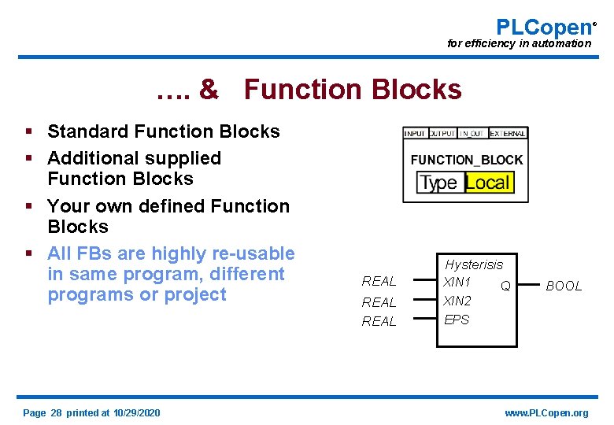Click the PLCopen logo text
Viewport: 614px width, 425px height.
pos(542,27)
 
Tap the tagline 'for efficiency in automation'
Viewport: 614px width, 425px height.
pos(518,43)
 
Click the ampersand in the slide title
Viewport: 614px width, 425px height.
pos(209,90)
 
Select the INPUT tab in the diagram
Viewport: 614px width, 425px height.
pos(415,134)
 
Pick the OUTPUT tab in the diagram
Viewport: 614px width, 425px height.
pos(442,134)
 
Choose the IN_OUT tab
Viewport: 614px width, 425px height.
pos(472,134)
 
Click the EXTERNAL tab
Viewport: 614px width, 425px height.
pos(508,134)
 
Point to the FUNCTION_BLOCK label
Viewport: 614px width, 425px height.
pos(466,160)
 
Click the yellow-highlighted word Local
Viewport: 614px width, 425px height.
pos(488,183)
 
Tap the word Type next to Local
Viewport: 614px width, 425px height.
pos(439,183)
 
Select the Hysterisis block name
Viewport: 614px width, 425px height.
pos(474,264)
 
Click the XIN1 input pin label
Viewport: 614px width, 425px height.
pos(457,282)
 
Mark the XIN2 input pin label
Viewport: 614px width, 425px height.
pos(457,301)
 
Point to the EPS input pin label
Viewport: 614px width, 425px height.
pos(457,320)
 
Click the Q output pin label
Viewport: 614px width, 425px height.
pos(505,286)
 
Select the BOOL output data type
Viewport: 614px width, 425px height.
pos(564,286)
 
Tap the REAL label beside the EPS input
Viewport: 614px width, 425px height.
pos(379,321)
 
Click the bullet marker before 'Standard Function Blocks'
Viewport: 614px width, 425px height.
pos(28,131)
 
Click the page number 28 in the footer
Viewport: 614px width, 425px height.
pos(56,413)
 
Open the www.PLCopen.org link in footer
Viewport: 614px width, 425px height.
pos(546,413)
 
